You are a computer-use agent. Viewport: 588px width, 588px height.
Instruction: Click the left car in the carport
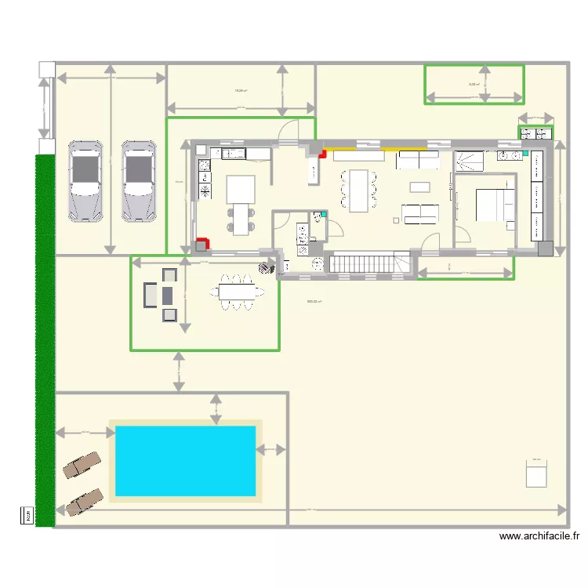tap(85, 181)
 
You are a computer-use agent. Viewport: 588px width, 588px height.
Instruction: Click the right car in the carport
tap(139, 181)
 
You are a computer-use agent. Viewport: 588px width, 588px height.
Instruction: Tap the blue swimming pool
tap(186, 461)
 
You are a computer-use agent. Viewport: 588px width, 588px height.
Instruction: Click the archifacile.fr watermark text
tap(539, 536)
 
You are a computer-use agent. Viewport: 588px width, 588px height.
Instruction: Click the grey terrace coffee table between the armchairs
tap(168, 295)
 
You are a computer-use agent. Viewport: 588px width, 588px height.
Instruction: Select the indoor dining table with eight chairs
tap(358, 191)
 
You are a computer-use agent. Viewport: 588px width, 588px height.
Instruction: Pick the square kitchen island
tap(241, 189)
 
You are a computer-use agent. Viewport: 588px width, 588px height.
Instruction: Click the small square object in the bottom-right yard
tap(535, 474)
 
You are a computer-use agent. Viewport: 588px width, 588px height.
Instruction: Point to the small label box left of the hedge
tap(26, 515)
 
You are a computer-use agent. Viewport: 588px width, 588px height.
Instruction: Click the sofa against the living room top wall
tap(418, 161)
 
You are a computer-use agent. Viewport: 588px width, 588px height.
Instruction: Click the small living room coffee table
tap(420, 187)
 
